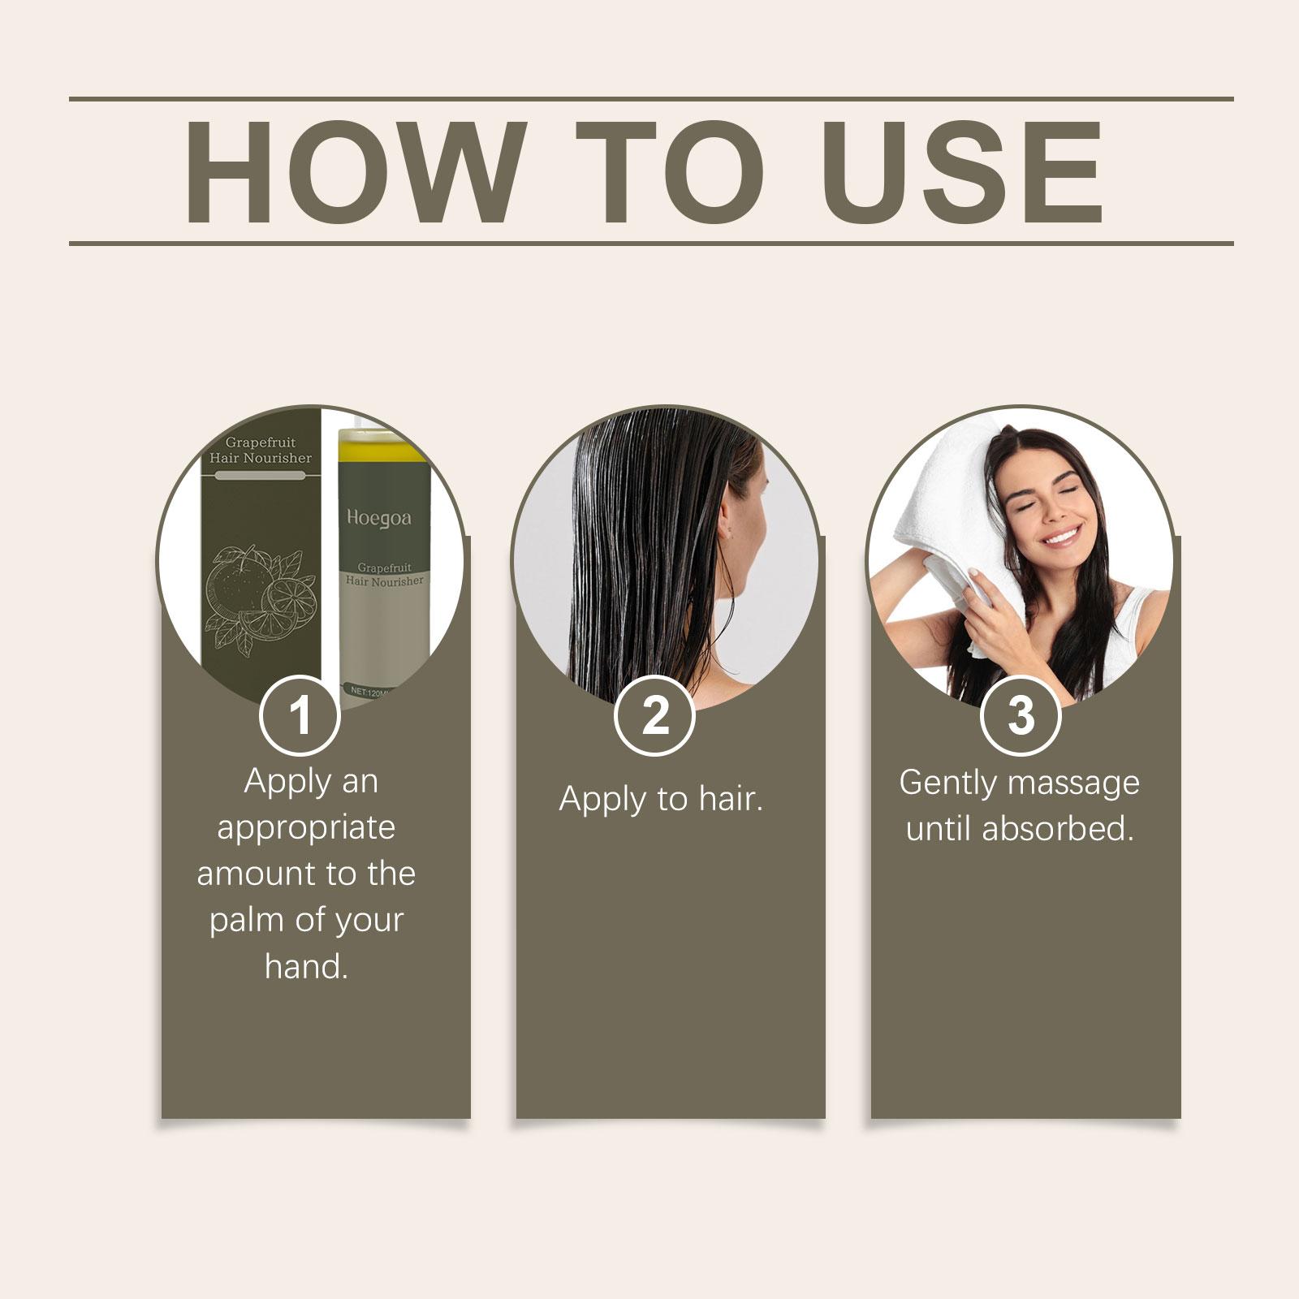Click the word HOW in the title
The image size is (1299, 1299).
352,172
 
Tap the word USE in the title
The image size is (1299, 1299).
968,172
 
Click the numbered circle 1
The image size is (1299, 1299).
300,714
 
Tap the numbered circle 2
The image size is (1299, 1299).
654,714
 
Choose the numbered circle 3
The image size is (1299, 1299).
1021,714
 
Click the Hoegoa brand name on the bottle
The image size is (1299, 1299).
379,518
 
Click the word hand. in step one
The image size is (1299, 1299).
306,966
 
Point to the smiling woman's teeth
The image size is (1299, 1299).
1064,537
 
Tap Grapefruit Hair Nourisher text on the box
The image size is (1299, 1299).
260,450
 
